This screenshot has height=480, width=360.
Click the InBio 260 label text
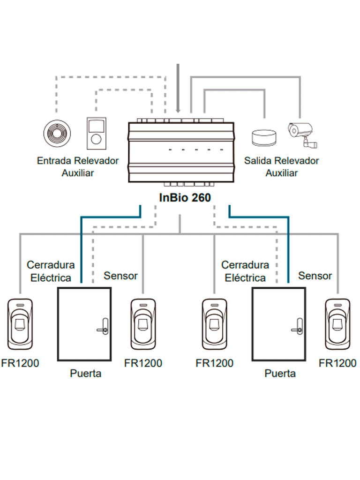185,197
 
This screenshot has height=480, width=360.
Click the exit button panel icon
97,132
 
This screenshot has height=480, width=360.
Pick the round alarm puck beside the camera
264,138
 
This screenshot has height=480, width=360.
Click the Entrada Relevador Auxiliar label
78,166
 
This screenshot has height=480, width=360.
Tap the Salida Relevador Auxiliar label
281,166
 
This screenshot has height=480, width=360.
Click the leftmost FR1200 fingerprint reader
21,324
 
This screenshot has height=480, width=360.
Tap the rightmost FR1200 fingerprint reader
337,324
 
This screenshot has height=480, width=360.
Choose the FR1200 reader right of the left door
143,324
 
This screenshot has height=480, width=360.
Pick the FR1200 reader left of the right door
215,324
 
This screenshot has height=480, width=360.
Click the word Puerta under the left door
85,374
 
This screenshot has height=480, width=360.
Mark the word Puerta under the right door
280,374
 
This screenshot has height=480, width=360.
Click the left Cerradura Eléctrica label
50,271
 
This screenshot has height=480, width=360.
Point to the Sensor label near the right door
315,276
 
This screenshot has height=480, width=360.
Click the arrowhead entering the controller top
178,110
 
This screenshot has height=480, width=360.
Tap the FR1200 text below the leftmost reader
20,363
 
